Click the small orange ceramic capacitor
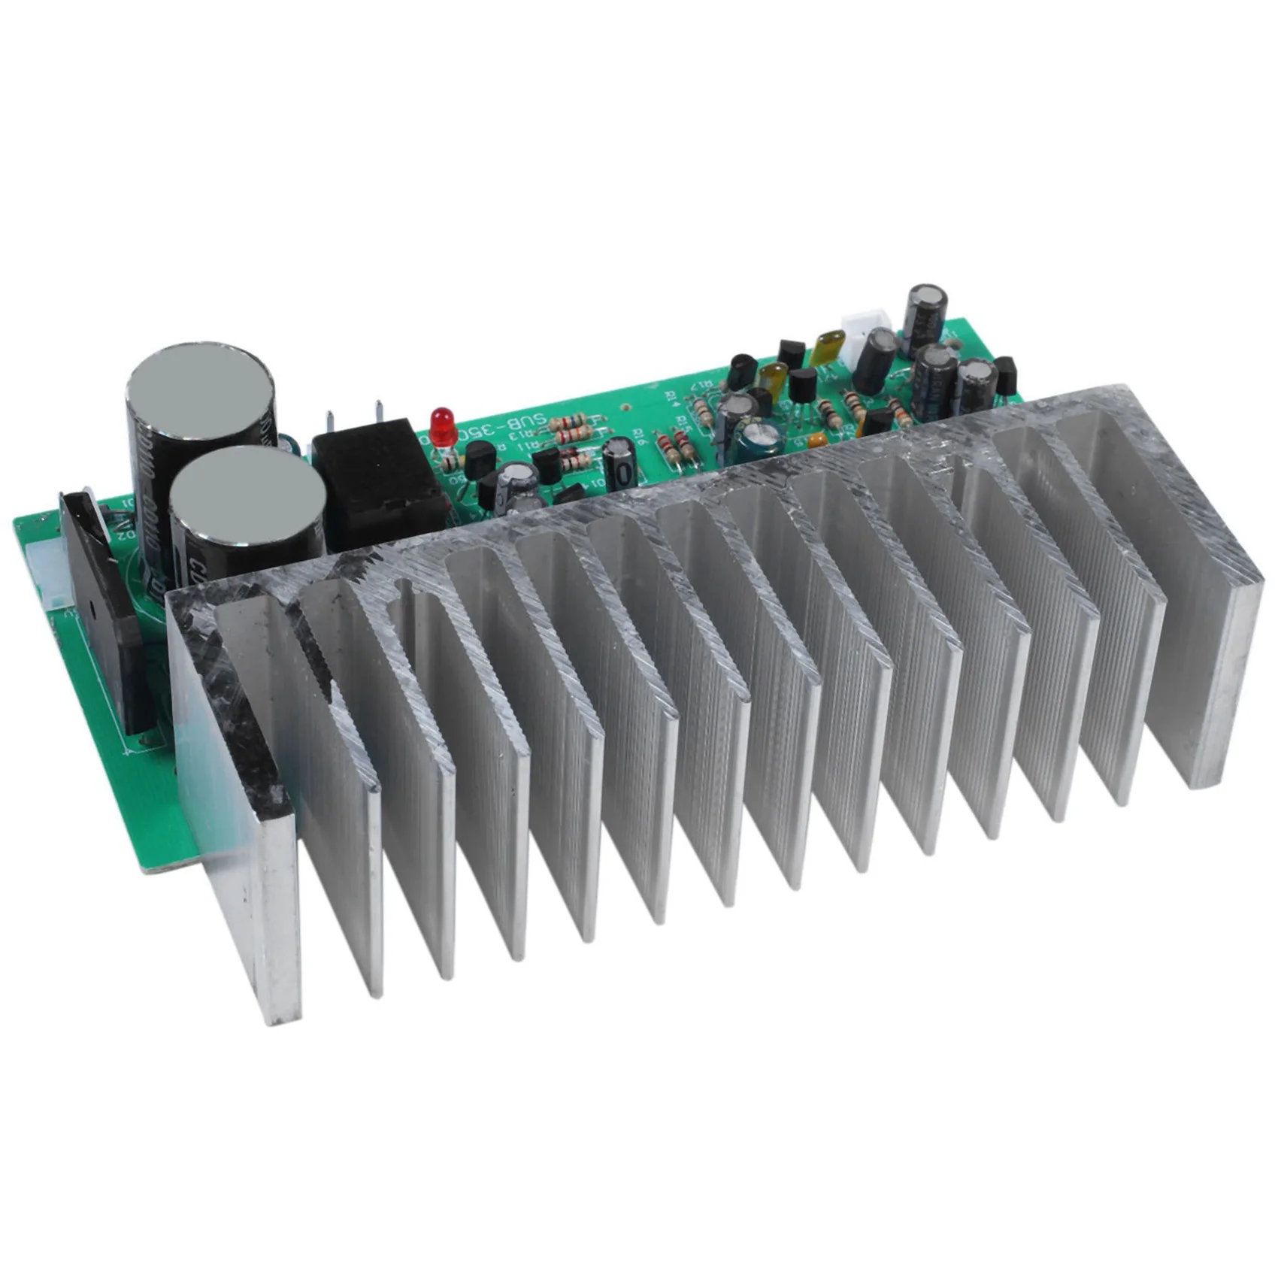click(817, 439)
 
